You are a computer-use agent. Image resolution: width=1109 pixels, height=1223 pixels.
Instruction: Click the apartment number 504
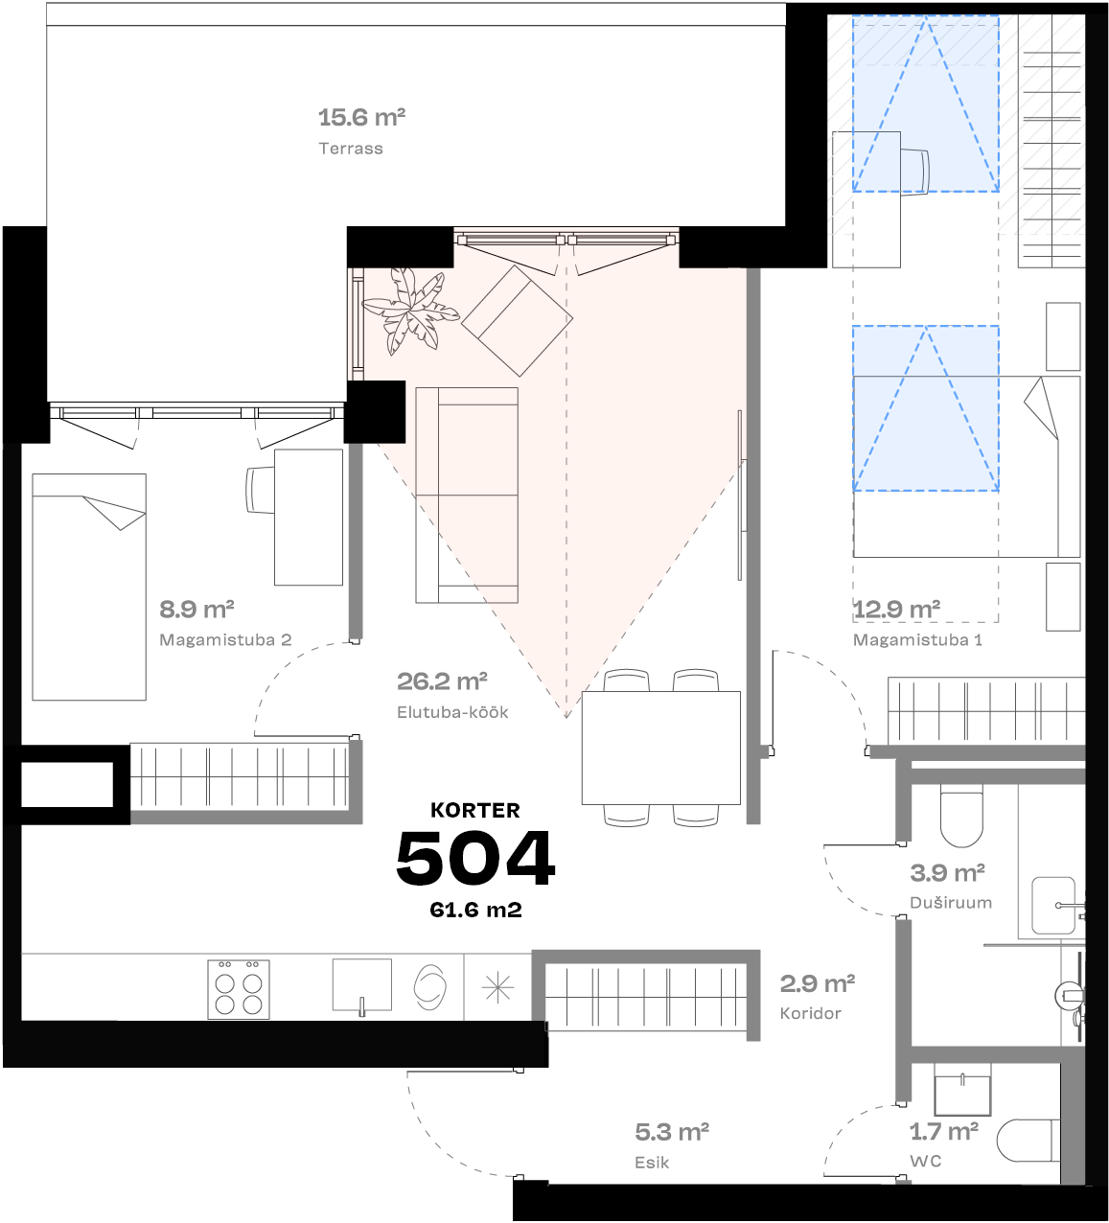click(x=475, y=858)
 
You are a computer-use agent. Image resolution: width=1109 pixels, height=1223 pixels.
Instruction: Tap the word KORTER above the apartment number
click(x=475, y=810)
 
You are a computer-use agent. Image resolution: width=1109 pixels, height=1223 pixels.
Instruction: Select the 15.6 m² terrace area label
click(x=361, y=118)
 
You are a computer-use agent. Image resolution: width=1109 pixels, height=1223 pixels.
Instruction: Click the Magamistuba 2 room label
click(x=225, y=640)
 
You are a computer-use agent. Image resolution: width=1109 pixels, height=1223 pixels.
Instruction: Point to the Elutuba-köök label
click(x=452, y=712)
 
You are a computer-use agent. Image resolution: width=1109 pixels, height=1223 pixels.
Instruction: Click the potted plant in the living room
click(x=410, y=309)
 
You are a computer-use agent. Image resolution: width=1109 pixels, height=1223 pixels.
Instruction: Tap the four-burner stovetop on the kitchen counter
click(x=239, y=988)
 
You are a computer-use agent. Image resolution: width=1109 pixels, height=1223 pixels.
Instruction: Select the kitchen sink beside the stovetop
click(x=361, y=984)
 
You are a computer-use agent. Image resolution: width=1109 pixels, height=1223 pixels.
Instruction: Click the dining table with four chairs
click(x=660, y=748)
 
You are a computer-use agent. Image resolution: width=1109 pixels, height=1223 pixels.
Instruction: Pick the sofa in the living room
click(x=467, y=495)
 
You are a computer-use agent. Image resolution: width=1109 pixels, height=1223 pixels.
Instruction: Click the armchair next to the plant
click(x=517, y=319)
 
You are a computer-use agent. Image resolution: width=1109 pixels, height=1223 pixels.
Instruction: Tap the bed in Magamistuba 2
click(x=89, y=587)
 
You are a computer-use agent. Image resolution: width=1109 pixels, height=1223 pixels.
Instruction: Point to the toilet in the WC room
click(x=1028, y=1141)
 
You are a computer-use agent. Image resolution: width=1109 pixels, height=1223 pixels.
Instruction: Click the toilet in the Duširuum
click(x=961, y=815)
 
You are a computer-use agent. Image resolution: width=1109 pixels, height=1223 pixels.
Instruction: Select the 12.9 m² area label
click(x=896, y=610)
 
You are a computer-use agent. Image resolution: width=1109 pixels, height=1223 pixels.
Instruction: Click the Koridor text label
click(x=810, y=1013)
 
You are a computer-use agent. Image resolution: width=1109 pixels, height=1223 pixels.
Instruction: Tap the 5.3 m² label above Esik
click(x=672, y=1132)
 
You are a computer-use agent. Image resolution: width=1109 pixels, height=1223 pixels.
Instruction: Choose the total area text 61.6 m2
click(x=475, y=910)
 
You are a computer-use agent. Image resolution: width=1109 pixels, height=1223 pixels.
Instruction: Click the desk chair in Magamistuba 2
click(x=260, y=490)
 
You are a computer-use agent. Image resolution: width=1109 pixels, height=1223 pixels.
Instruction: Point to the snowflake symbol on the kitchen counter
click(x=497, y=987)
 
